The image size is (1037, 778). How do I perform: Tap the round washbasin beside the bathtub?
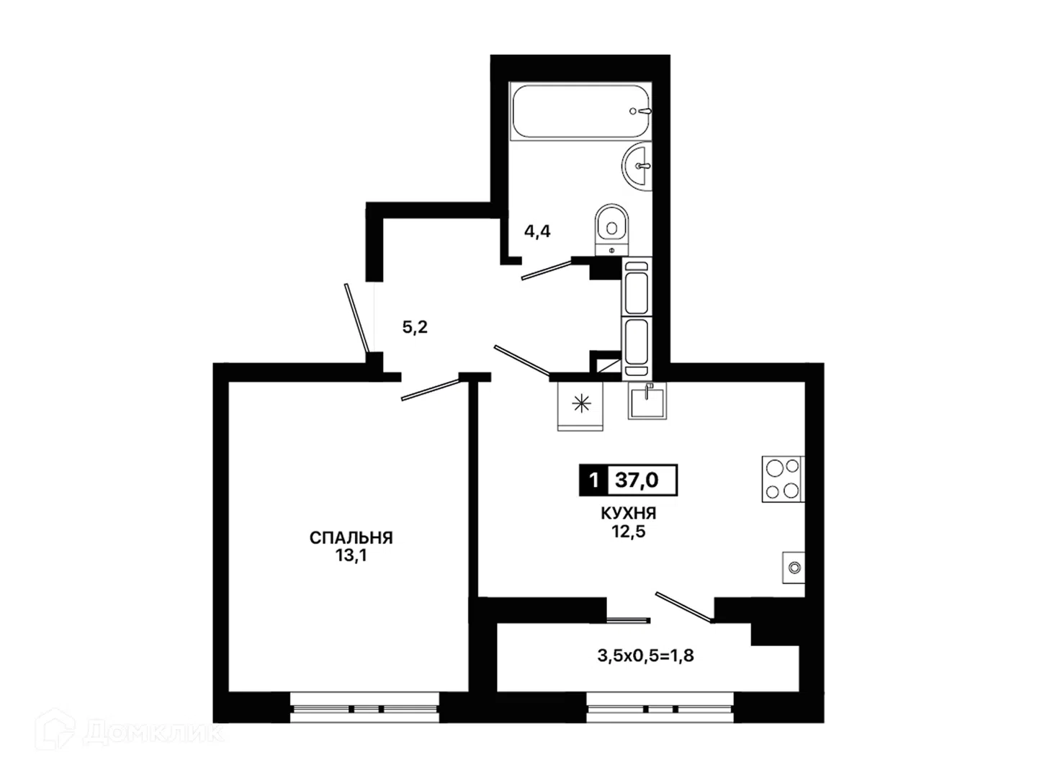637,166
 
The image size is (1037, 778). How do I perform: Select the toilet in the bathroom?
612,230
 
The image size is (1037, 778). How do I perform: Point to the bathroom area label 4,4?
538,231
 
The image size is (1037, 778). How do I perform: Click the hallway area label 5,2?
415,327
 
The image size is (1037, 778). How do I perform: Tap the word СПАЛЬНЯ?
351,538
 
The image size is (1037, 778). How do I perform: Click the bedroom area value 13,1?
351,556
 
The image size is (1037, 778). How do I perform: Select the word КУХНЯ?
629,514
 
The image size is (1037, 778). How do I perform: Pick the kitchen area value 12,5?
629,532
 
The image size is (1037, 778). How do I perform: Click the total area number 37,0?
637,480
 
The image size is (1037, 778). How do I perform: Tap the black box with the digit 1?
594,480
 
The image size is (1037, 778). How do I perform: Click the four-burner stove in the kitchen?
783,479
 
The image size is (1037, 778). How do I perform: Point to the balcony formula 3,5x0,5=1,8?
645,656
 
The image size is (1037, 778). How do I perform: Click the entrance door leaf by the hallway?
356,318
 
